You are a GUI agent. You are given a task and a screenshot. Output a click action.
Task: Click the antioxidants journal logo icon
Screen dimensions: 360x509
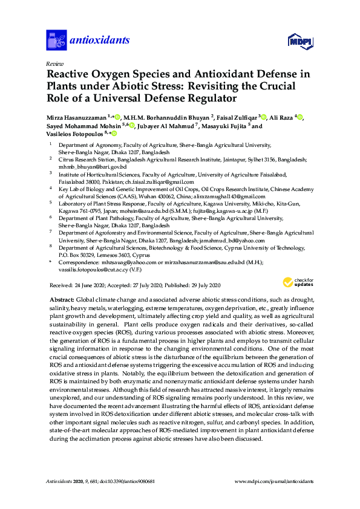(56, 41)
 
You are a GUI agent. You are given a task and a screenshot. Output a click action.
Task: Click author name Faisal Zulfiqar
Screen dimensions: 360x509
(236, 117)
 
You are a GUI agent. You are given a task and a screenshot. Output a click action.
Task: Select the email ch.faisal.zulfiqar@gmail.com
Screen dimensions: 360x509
(159, 182)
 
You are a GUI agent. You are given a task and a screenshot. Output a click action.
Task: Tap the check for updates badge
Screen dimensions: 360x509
(298, 283)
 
